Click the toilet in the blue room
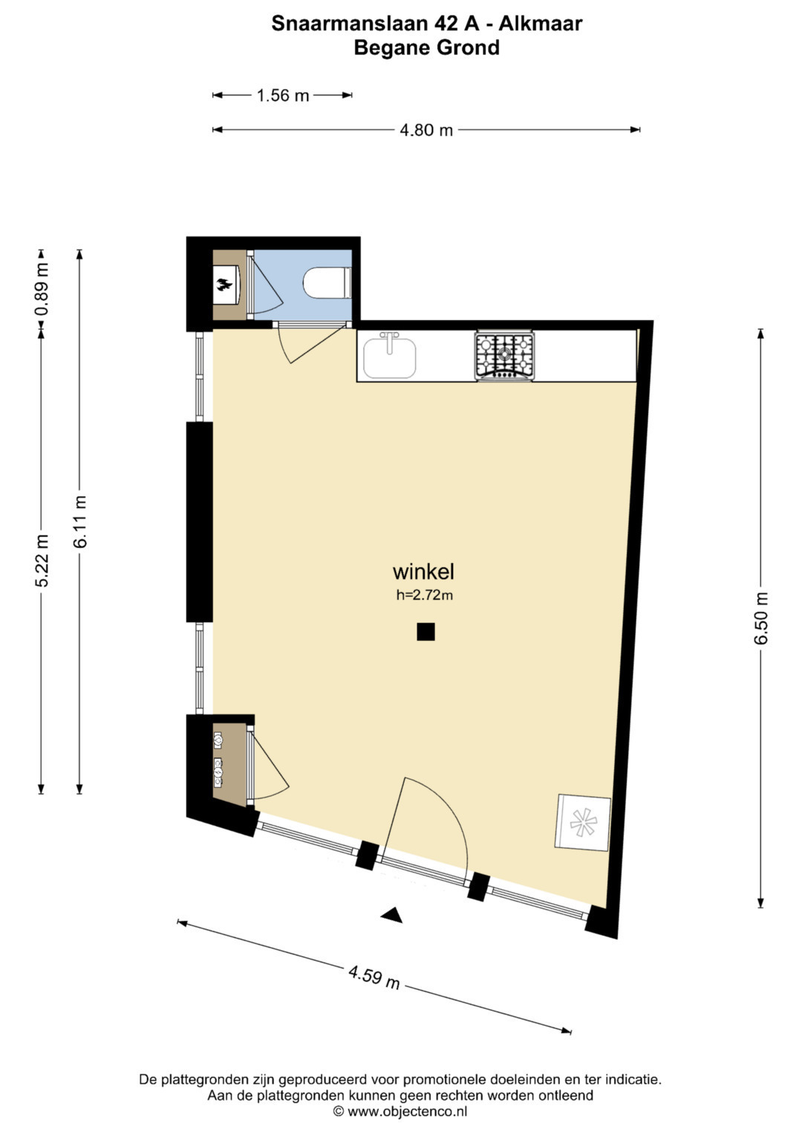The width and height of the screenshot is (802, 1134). (327, 282)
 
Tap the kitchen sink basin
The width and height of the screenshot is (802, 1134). (389, 358)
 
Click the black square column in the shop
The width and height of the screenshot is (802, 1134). (426, 632)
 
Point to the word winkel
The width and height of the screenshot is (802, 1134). (423, 572)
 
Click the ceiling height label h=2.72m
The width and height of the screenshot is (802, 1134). (424, 596)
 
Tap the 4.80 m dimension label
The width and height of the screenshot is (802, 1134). (426, 130)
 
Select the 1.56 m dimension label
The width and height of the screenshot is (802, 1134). (282, 95)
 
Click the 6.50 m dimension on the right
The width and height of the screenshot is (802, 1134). (760, 618)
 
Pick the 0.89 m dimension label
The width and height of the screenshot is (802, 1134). (42, 290)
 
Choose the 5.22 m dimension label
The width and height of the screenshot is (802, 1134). (42, 561)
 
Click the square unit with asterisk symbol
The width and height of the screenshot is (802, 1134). (583, 823)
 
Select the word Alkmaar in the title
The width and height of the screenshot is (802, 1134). (541, 24)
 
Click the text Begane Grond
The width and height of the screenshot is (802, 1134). (426, 48)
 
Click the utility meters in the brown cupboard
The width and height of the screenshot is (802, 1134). (218, 763)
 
